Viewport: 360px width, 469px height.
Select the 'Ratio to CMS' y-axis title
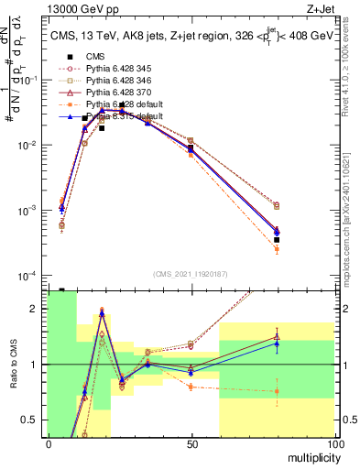[x=12, y=365]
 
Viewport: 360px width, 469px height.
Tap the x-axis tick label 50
[x=191, y=443]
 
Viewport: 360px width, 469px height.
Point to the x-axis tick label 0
[x=49, y=443]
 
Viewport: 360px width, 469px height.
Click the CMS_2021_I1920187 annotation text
[x=191, y=274]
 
